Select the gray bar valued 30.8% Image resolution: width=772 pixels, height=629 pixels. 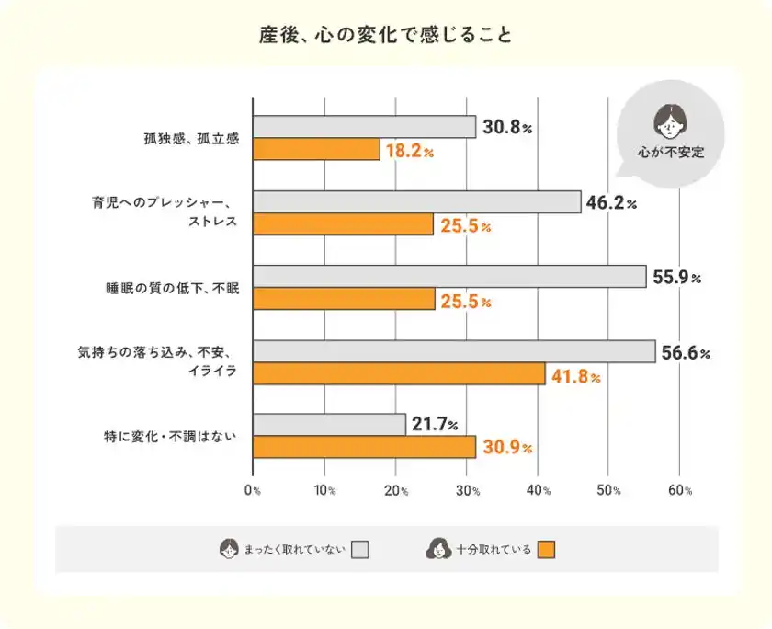pos(364,127)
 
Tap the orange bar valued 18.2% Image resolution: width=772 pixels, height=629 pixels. pos(316,149)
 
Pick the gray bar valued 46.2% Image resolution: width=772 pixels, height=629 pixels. pos(416,202)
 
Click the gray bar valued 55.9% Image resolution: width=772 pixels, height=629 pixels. pos(449,277)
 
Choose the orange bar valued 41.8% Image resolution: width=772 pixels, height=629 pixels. pos(399,373)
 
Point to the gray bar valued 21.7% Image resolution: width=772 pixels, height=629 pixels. pos(329,425)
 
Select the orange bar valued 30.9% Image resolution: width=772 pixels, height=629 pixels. pos(364,447)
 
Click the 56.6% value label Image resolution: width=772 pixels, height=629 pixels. pos(686,352)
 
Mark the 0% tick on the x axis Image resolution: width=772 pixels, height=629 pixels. pos(253,491)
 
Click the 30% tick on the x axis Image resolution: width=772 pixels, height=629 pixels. pos(467,491)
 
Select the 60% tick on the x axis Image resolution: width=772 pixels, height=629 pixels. pos(680,491)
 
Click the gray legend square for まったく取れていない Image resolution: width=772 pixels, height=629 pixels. pos(360,550)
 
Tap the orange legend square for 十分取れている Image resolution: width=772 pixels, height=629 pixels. pos(547,550)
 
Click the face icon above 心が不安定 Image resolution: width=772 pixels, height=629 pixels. pos(671,119)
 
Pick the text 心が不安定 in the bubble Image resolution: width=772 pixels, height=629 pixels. pos(671,152)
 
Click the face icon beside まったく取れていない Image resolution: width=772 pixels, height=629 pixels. pos(228,550)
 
